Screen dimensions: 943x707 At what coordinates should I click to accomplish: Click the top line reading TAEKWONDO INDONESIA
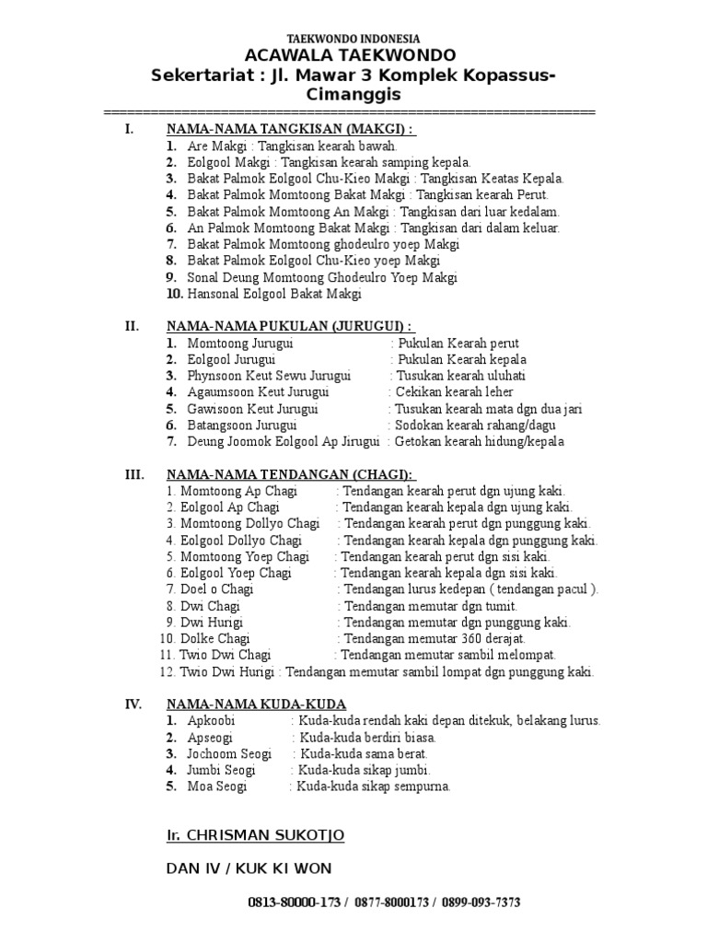[353, 39]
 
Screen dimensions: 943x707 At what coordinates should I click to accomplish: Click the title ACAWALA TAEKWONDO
[353, 56]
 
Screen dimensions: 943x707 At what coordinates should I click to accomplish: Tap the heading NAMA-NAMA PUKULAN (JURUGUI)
[290, 326]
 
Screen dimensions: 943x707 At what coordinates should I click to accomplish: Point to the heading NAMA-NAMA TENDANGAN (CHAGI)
[290, 474]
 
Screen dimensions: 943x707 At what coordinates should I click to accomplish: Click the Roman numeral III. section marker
[134, 474]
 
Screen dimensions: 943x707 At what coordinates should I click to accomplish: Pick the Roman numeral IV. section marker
[133, 704]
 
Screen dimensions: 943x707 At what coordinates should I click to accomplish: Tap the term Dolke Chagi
[215, 638]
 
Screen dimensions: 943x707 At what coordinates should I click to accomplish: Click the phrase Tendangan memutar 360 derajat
[434, 638]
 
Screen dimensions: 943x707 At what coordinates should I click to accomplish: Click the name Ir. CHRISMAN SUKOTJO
[255, 835]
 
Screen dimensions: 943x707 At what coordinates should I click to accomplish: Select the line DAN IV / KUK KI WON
[249, 868]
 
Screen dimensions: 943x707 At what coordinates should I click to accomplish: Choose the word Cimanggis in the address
[353, 94]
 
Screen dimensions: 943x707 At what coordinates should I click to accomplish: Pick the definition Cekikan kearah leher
[446, 392]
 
